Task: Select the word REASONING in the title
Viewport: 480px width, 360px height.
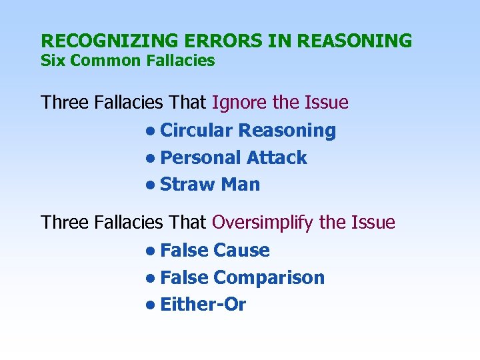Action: pos(355,41)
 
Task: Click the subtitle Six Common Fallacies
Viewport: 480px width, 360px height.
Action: pos(127,61)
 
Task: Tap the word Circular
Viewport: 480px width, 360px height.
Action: pos(197,131)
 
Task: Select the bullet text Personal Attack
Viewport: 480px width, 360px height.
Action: pos(234,158)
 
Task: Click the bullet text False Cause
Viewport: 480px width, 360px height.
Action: pos(215,251)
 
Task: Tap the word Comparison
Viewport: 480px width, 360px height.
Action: pos(269,278)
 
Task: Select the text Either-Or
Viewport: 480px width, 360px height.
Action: pos(203,305)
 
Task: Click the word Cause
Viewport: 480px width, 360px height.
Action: pos(241,251)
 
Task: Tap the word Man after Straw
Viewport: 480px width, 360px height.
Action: pos(240,185)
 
